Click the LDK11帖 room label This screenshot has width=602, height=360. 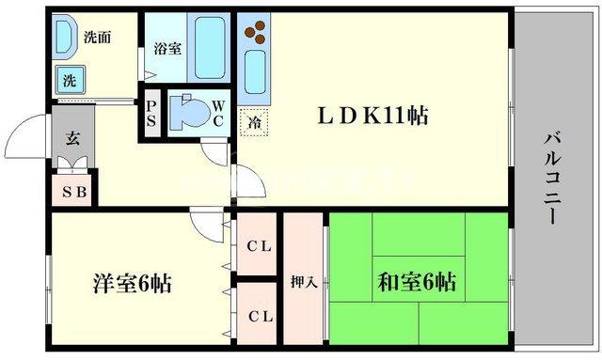372,117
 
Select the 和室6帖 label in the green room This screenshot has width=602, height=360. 418,281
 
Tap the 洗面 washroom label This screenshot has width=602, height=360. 98,39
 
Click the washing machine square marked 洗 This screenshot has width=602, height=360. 70,81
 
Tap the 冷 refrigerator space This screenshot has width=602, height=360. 253,120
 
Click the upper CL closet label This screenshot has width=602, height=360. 259,247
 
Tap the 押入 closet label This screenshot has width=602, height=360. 303,283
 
